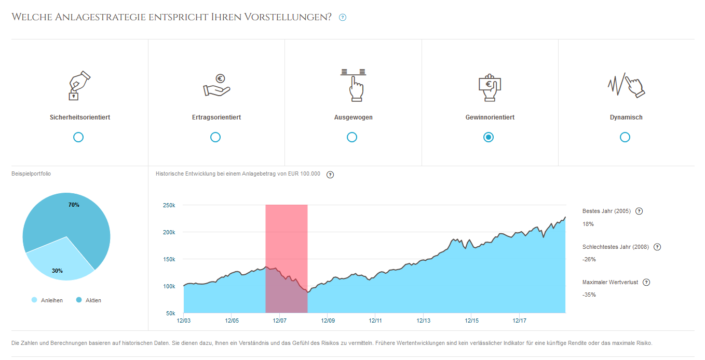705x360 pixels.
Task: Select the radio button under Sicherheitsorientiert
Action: pos(78,137)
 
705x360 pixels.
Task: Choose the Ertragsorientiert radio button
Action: pos(215,137)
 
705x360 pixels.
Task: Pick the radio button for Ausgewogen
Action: pos(352,137)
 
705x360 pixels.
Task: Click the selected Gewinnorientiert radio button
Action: pos(489,137)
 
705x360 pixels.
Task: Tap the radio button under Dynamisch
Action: pos(625,137)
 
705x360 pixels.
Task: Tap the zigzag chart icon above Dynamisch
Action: pos(626,85)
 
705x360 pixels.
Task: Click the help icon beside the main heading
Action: pos(343,18)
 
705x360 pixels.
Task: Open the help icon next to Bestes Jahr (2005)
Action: pos(639,211)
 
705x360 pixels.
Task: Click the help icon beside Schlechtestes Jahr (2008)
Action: pos(657,247)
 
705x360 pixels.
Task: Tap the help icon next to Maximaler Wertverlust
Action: pos(646,282)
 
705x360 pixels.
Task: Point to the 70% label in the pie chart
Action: pos(74,205)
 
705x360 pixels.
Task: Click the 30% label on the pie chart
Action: pos(57,271)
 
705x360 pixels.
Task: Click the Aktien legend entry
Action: pos(89,300)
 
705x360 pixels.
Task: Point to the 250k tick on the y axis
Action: pos(169,205)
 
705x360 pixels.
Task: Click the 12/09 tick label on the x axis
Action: pos(328,321)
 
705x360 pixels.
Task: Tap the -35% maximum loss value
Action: pos(589,295)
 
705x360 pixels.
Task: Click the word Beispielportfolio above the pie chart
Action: pos(31,174)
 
